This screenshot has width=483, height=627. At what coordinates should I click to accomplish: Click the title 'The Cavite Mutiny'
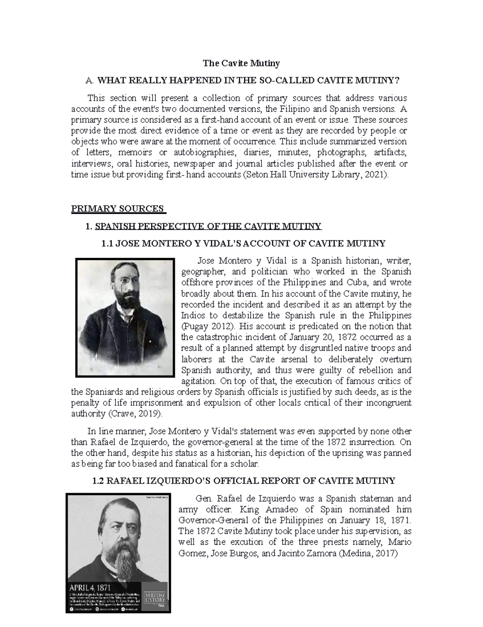(241, 63)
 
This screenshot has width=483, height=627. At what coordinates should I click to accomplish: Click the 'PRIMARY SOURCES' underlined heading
(118, 209)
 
